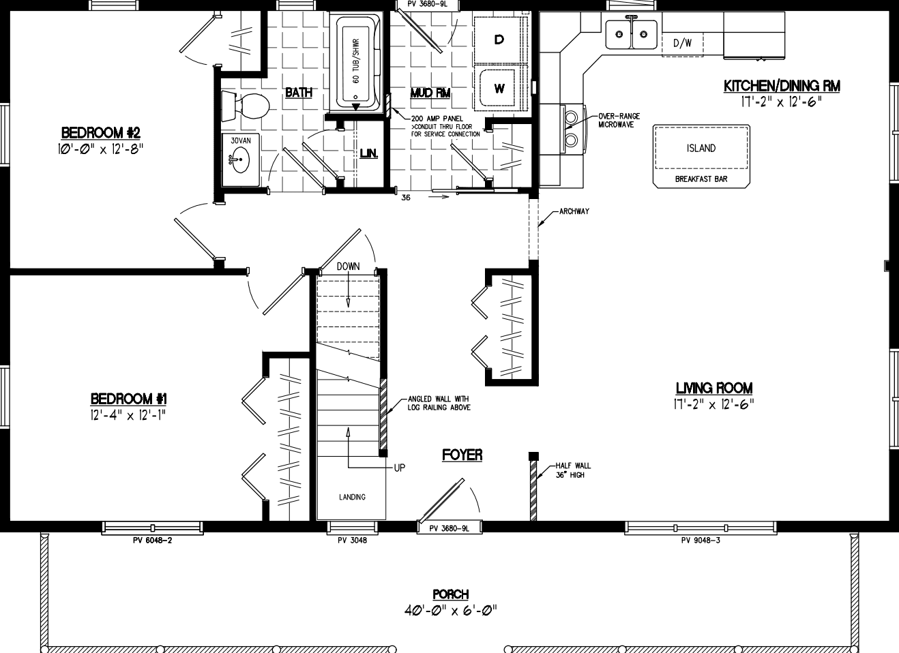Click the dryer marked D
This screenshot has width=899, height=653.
[x=499, y=40]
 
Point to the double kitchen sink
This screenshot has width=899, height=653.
[x=631, y=33]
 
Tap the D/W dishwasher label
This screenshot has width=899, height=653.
[x=682, y=43]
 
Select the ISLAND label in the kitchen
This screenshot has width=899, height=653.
[x=701, y=148]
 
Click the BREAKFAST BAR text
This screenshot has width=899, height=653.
[x=701, y=179]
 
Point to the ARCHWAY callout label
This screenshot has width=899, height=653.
[x=574, y=211]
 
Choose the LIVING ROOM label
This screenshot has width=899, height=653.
[x=713, y=388]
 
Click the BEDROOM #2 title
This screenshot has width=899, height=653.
[x=100, y=132]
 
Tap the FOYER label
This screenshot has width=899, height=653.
[x=462, y=455]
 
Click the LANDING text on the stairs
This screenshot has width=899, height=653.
[x=352, y=497]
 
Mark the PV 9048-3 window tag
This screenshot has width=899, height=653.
[x=701, y=541]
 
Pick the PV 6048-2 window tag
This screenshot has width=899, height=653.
[x=152, y=541]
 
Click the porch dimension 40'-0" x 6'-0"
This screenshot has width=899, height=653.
[x=450, y=609]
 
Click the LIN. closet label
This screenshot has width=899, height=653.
[x=368, y=153]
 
